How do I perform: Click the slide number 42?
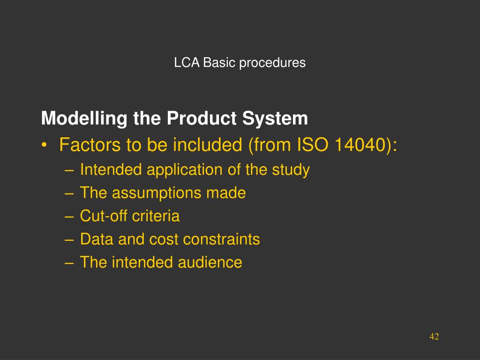(x=434, y=337)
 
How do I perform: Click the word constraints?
(x=221, y=240)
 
